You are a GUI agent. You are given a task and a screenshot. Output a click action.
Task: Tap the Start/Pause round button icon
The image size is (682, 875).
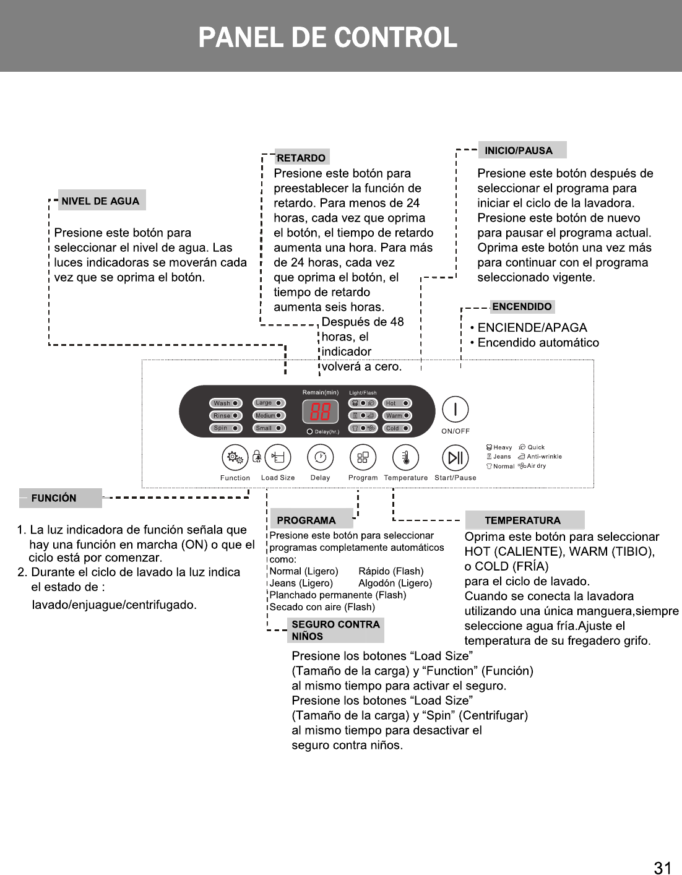[455, 458]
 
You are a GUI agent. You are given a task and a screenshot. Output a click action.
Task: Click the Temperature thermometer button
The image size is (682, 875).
[406, 458]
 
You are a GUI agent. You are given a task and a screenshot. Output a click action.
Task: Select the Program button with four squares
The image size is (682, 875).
[363, 458]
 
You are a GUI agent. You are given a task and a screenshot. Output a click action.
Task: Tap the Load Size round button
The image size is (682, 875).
[278, 458]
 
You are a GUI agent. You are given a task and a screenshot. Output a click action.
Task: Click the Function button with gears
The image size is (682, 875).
[235, 458]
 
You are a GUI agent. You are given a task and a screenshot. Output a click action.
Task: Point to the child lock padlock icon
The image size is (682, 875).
[256, 457]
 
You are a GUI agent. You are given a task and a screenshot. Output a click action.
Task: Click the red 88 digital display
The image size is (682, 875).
[320, 412]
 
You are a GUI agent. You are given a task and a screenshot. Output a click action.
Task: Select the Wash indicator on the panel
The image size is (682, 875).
[225, 403]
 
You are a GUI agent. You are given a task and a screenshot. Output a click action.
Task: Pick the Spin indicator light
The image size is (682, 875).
[225, 428]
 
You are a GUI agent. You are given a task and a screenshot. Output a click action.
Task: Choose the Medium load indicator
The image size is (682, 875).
[269, 416]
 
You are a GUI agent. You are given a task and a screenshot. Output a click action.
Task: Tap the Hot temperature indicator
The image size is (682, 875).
[397, 403]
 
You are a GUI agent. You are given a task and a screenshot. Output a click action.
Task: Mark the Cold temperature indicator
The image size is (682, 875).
[397, 428]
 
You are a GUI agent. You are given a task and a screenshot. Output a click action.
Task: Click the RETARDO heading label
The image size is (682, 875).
[301, 158]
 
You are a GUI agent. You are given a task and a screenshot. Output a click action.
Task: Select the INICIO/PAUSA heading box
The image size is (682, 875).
[522, 150]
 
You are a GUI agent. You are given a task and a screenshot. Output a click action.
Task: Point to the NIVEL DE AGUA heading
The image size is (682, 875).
[101, 200]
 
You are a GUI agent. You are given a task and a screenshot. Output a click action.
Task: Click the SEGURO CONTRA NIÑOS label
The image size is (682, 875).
[335, 630]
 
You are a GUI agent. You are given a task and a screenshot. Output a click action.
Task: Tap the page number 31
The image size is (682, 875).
[662, 868]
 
